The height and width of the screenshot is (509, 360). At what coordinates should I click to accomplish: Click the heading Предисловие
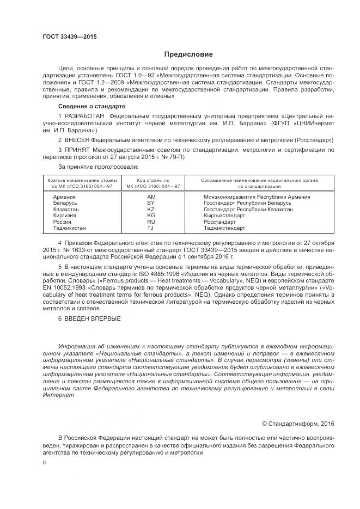(188, 54)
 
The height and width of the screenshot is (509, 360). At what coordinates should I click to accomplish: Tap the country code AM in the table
(151, 197)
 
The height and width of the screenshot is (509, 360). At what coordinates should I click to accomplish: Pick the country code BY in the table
(151, 203)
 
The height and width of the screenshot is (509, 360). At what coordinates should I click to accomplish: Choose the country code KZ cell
(151, 209)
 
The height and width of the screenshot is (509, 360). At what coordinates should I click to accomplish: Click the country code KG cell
(151, 216)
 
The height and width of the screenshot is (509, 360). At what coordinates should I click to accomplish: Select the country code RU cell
(151, 222)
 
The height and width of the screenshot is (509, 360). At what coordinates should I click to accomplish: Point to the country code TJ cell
(151, 228)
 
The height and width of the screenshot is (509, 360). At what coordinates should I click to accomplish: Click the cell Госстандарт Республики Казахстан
(248, 209)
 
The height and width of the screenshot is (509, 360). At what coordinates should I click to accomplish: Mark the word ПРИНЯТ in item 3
(77, 149)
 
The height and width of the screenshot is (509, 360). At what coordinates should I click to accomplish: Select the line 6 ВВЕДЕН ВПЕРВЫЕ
(89, 318)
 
